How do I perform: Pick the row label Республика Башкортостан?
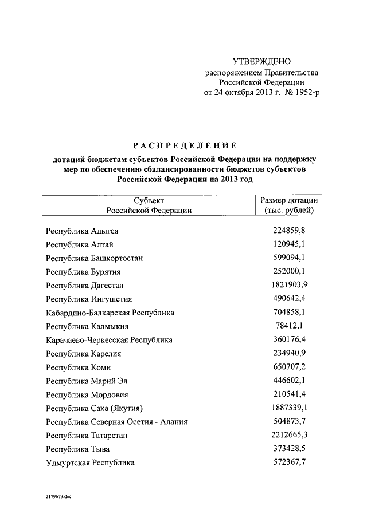click(95, 258)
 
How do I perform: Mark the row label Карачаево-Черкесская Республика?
click(109, 340)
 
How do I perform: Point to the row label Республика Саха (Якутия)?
click(94, 408)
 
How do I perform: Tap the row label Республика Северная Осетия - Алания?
click(117, 422)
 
